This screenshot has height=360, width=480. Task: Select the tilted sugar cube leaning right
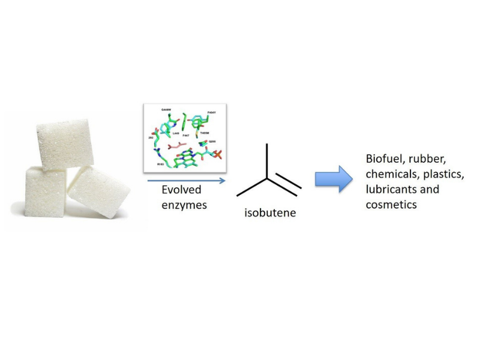(x=99, y=191)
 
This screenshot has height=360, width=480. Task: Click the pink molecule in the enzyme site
(x=178, y=145)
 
